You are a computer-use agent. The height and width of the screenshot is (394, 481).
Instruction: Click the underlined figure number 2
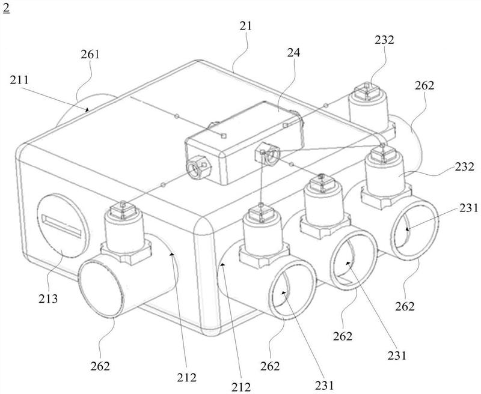[6, 8]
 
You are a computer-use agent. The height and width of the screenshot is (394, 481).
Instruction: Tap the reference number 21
[245, 26]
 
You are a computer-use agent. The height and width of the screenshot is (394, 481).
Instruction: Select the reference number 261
[90, 55]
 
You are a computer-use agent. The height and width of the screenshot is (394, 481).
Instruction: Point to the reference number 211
[19, 80]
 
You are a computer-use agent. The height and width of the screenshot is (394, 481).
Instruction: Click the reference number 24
[293, 53]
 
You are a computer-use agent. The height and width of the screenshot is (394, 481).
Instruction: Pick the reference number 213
[48, 298]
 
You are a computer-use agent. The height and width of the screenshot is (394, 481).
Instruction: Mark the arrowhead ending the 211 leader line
[87, 110]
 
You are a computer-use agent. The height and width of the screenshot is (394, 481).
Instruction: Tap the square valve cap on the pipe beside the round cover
[122, 210]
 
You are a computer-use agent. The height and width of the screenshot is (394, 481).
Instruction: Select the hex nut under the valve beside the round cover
[126, 252]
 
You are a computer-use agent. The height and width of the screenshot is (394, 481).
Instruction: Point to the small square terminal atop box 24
[224, 135]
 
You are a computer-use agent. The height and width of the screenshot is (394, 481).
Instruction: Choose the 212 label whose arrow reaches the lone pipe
[186, 377]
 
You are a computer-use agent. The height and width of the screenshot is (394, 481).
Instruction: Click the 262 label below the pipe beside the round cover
[100, 366]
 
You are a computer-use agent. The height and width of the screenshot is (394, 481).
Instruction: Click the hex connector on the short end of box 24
[199, 167]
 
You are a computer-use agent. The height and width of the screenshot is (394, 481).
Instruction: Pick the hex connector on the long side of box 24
[268, 154]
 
